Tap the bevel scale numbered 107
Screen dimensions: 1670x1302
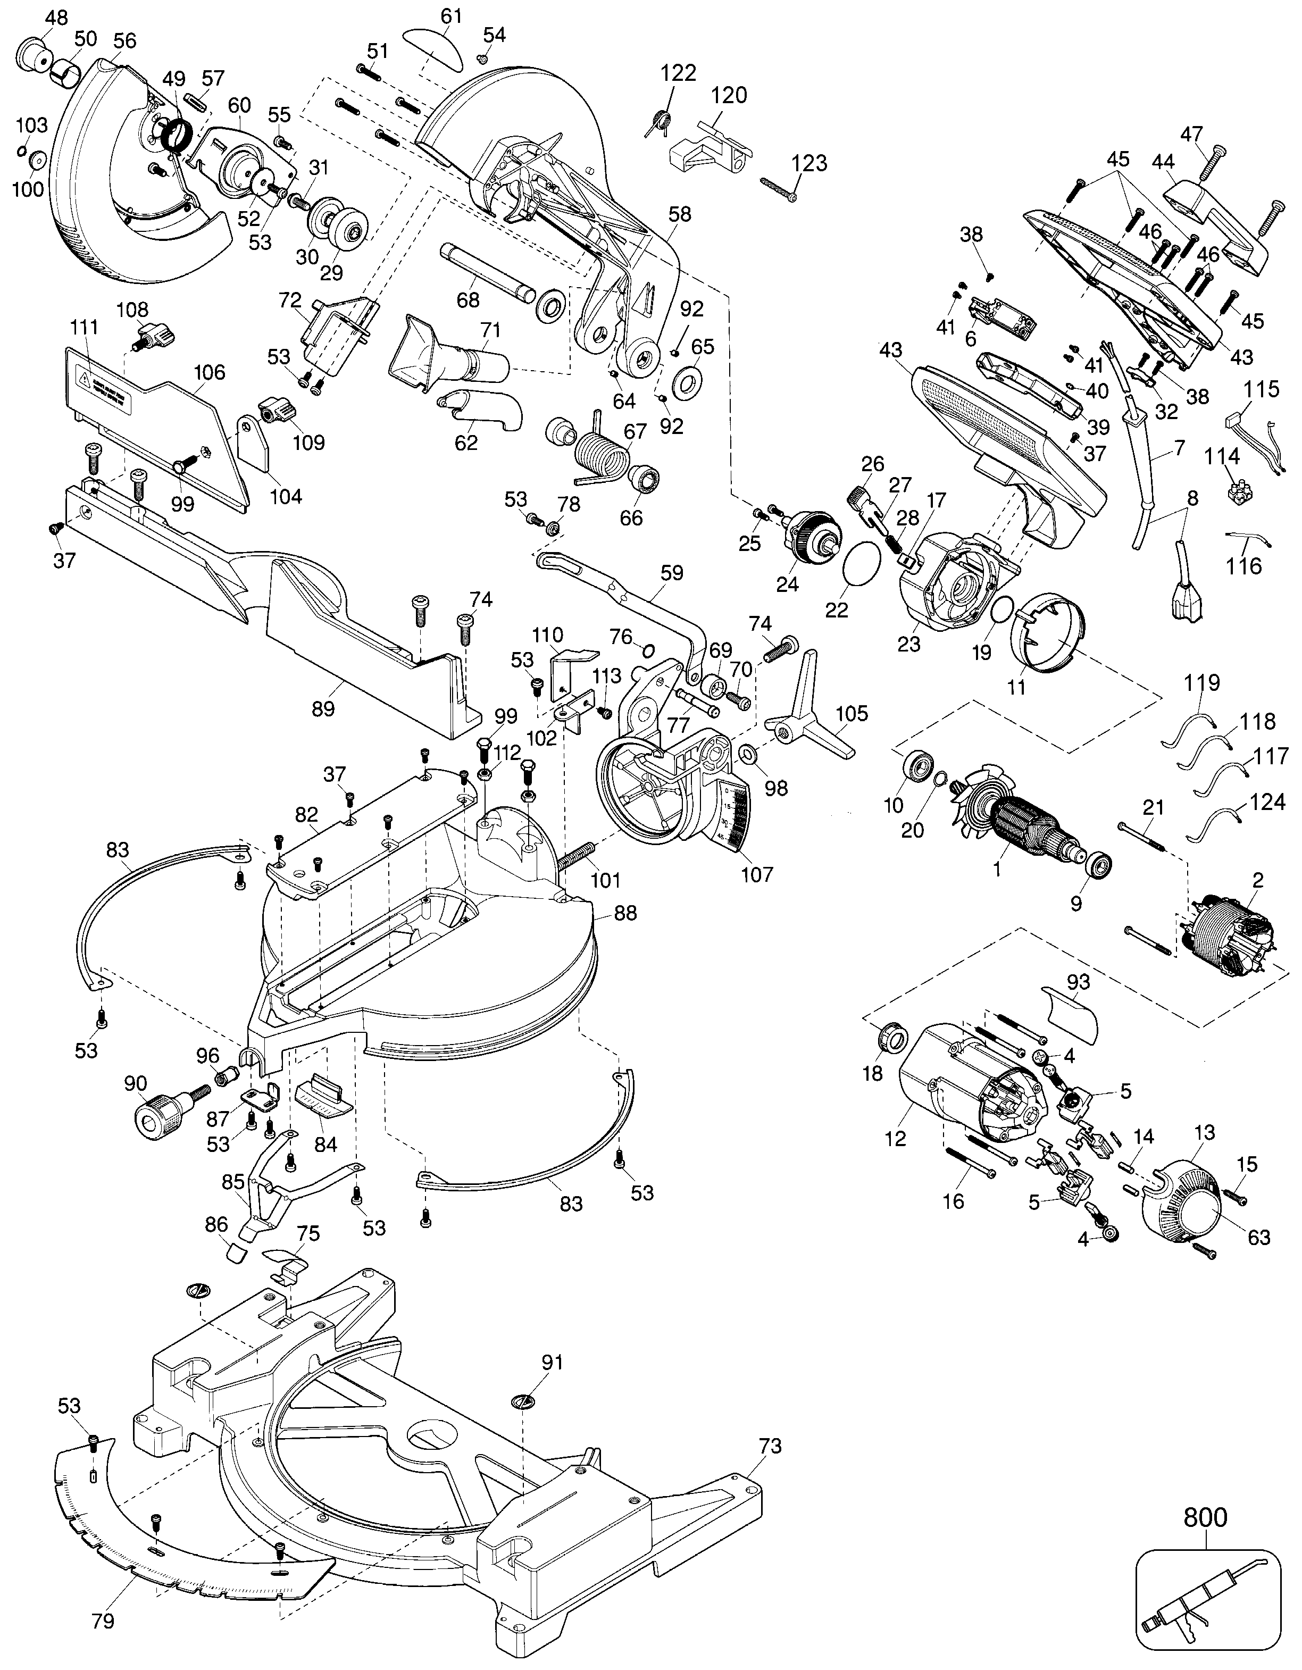click(734, 818)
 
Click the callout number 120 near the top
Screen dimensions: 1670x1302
click(729, 96)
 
